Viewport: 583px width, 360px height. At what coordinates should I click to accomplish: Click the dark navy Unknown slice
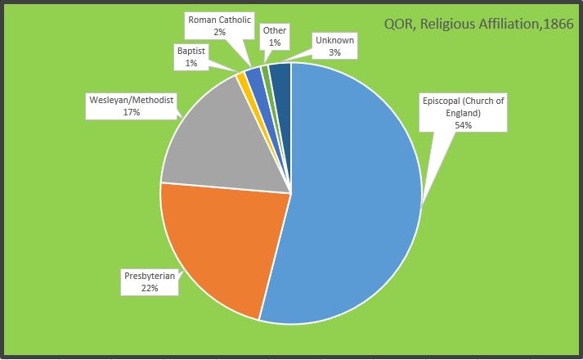(280, 75)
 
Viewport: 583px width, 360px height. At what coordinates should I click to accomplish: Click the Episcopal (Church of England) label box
(464, 113)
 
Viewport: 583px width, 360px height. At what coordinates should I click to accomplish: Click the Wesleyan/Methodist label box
(132, 106)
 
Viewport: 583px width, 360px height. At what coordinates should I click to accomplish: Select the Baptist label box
(191, 56)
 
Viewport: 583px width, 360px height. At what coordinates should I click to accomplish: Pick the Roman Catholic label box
(219, 25)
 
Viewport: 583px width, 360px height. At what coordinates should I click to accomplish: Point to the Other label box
(274, 36)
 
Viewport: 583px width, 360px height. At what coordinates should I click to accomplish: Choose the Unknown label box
(334, 46)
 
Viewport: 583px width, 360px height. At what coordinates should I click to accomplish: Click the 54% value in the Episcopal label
(464, 125)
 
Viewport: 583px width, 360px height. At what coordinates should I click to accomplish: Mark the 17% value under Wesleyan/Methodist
(132, 112)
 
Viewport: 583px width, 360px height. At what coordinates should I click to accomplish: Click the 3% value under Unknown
(334, 52)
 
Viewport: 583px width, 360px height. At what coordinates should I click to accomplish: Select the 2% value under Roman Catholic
(219, 32)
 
